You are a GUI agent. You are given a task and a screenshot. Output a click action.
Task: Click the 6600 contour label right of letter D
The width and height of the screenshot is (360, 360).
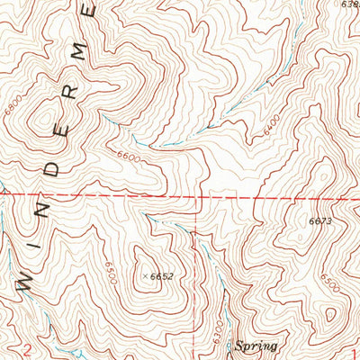[130, 156]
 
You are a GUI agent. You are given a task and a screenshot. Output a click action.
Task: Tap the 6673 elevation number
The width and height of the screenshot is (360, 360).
[319, 220]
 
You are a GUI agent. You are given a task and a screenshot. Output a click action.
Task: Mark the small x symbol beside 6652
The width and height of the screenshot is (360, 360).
[145, 276]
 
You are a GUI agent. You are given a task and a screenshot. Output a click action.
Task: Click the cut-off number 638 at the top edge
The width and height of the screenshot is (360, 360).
[349, 4]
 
